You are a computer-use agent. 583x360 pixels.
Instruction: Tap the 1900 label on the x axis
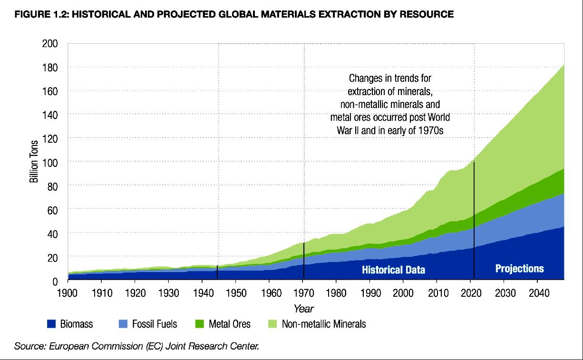(x=68, y=292)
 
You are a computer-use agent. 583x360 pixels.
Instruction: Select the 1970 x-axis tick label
(x=302, y=292)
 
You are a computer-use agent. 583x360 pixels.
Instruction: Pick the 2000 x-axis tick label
(x=403, y=292)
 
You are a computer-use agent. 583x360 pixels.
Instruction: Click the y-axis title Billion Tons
(x=35, y=162)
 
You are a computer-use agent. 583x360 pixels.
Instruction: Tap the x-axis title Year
(x=303, y=309)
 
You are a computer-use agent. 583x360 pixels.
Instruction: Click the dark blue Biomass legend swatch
(x=52, y=324)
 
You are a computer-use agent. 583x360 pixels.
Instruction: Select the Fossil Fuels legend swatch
(x=124, y=324)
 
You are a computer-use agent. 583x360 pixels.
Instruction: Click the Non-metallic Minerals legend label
(x=324, y=324)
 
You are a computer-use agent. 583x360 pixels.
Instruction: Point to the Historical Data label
(x=393, y=270)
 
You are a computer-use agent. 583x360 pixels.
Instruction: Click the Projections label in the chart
(x=519, y=269)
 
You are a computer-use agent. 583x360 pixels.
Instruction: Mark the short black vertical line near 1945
(x=217, y=272)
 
